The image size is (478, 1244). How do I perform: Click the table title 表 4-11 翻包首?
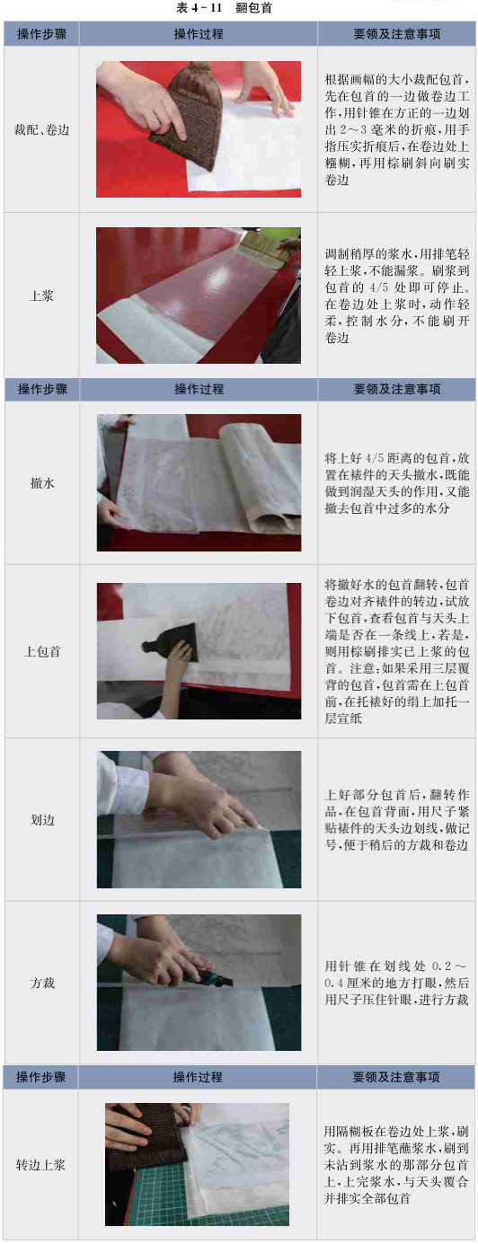coord(224,8)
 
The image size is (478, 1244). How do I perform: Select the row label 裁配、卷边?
coord(41,130)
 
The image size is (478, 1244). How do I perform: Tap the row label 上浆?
coord(41,296)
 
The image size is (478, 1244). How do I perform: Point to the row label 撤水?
coord(42,482)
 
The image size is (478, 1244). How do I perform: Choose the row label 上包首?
coord(42,651)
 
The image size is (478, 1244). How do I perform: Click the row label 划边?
coord(42,820)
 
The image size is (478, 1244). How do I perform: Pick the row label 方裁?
coord(42,983)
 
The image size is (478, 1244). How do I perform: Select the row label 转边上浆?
coord(40,1165)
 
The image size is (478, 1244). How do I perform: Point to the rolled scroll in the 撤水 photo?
coord(261,478)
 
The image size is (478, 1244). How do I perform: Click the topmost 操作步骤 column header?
coord(41,34)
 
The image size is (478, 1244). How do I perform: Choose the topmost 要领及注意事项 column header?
coord(397,34)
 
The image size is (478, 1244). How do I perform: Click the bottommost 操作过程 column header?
coord(198,1077)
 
